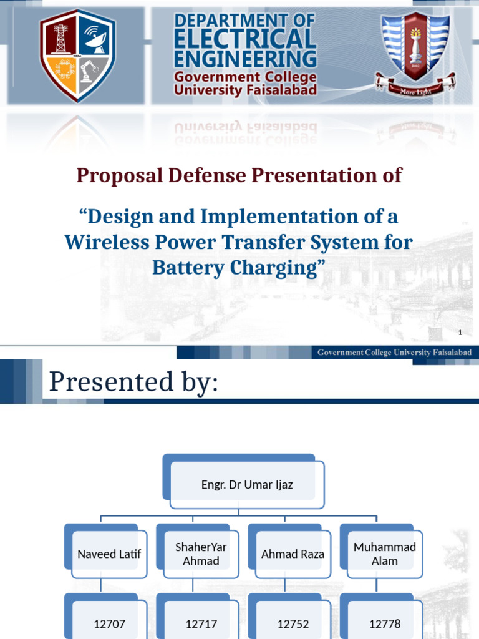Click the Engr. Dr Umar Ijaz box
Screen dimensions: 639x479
point(247,485)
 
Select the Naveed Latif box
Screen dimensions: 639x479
point(109,554)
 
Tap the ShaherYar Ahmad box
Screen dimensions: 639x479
point(201,554)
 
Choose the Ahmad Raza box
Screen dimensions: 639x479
point(293,554)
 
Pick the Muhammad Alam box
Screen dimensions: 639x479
point(384,554)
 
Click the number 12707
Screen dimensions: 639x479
point(109,623)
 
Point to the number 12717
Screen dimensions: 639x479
point(201,623)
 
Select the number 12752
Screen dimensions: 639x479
point(293,623)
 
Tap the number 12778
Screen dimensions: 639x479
point(384,623)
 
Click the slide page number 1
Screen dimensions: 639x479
point(459,332)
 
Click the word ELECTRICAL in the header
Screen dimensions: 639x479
point(245,40)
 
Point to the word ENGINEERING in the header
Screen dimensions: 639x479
point(245,59)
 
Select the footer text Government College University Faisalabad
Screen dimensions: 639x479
point(394,353)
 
